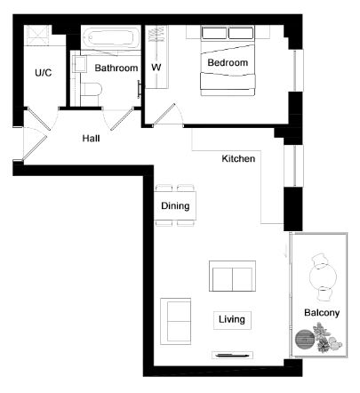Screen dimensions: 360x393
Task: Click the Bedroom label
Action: [x=228, y=62]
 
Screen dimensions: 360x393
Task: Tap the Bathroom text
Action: [x=116, y=68]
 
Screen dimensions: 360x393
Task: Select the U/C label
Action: [x=44, y=73]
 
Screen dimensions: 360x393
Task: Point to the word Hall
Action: [x=91, y=139]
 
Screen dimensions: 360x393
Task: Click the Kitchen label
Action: [x=238, y=158]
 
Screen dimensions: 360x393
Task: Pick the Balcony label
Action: [x=322, y=313]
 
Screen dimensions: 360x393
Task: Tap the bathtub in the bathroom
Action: [x=110, y=38]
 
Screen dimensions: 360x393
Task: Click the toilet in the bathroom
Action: [x=91, y=90]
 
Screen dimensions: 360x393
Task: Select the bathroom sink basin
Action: [x=79, y=64]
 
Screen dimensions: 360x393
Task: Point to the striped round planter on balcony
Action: [x=304, y=340]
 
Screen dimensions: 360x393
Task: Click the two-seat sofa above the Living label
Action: [x=232, y=276]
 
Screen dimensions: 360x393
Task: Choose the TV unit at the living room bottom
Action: [x=232, y=355]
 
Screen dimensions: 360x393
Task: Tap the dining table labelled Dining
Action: [x=175, y=205]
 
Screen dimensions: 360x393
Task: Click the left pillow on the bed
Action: [x=214, y=33]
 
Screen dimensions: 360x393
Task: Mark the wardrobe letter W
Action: [x=156, y=68]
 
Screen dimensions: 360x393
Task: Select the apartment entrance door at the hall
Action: [x=35, y=143]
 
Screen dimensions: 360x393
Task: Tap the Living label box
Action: [x=232, y=320]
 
